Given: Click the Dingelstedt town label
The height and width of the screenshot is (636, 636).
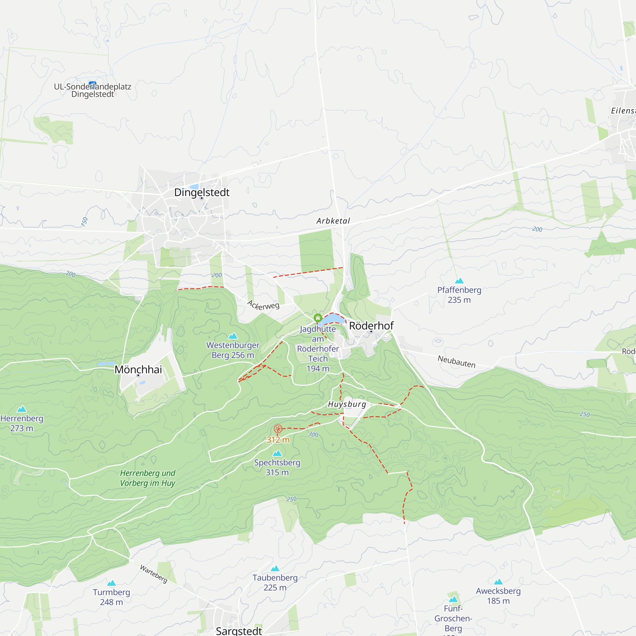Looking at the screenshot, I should coord(202,192).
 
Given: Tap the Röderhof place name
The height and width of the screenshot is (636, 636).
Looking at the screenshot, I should coord(371,326).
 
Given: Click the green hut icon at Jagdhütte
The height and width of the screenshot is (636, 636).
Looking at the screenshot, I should coord(318,318).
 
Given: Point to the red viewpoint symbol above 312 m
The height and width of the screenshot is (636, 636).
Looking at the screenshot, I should coord(278,429).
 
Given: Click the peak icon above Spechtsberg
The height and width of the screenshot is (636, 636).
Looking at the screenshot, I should coord(277,453).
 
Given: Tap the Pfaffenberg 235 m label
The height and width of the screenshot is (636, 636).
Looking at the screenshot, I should coord(459,295).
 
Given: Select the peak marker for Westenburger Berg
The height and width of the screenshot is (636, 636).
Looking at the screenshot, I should coord(233,336).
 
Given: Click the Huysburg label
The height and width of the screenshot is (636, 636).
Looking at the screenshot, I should coord(347,404).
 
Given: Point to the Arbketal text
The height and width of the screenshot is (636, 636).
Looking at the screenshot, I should coord(333,221).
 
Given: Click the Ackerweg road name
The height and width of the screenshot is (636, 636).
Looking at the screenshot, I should coord(263,305).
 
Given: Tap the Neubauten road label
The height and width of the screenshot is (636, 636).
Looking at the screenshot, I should coord(456,362).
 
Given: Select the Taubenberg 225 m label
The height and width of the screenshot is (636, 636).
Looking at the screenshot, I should coord(275,582).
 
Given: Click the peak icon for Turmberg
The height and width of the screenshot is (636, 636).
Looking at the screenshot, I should coord(112,583).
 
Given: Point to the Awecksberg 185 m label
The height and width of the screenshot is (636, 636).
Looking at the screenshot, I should coord(498,596).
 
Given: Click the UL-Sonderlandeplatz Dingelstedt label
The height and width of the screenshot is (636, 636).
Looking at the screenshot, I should coord(93,90).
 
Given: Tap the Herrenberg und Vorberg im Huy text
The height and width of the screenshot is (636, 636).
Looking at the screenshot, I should coord(148,478).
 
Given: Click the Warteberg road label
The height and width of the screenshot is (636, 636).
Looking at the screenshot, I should coord(154,574).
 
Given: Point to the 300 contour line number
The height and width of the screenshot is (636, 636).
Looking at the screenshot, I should coord(313,434).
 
